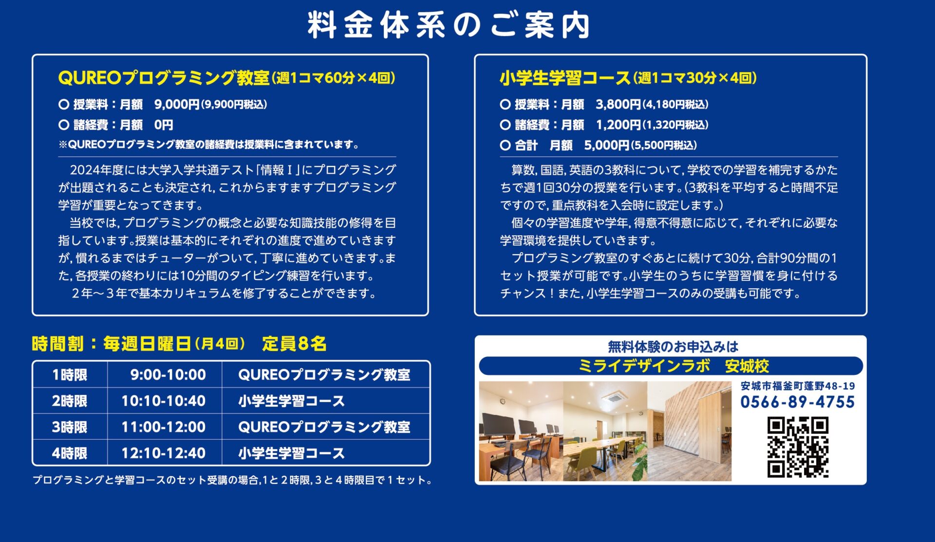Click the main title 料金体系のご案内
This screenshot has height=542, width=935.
(x=449, y=25)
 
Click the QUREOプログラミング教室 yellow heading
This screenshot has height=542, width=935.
(x=164, y=78)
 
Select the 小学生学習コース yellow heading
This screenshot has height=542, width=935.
(x=565, y=78)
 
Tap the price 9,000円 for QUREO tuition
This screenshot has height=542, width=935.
(x=177, y=104)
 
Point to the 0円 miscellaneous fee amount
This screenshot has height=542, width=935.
(x=164, y=125)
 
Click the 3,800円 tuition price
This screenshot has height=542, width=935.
(x=618, y=104)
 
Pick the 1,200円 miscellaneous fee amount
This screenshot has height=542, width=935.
(x=618, y=125)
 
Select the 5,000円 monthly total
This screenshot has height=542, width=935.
(x=607, y=145)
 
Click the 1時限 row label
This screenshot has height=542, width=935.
(x=70, y=374)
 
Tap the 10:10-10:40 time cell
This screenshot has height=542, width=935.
(x=164, y=401)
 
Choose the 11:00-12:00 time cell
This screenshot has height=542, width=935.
(x=164, y=427)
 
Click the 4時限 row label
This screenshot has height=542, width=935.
(x=70, y=453)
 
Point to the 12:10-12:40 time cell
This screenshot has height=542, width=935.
(x=164, y=453)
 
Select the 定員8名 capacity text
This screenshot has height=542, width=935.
(x=294, y=344)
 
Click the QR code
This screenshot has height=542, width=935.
(x=798, y=447)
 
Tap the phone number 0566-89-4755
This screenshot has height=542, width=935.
(x=798, y=402)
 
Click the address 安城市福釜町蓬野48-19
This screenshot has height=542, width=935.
(x=798, y=386)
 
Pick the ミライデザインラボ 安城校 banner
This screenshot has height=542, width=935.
(x=671, y=366)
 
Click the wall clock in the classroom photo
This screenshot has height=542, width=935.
(x=503, y=401)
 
